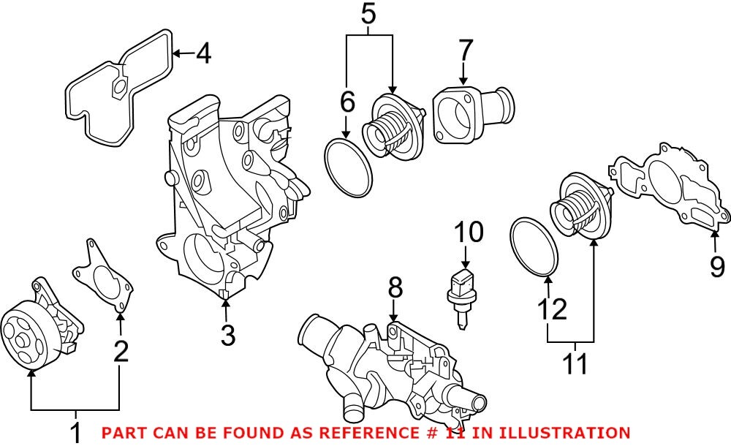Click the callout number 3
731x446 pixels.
[227, 336]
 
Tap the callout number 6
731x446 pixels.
[348, 102]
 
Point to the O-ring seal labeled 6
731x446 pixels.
[348, 167]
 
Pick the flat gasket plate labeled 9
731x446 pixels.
[669, 186]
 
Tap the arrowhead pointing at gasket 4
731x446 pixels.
[178, 53]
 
